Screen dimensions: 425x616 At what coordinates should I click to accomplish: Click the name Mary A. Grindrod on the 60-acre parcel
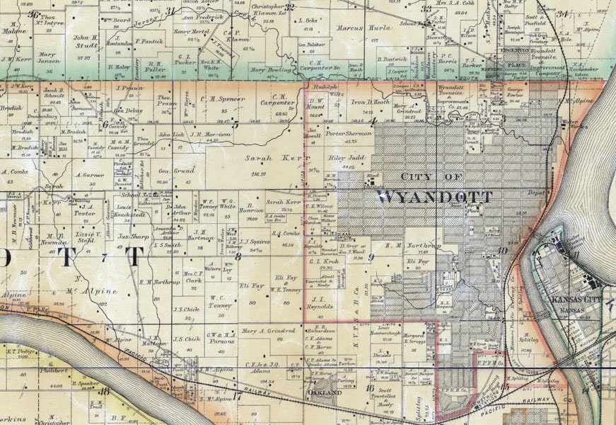[x=267, y=330]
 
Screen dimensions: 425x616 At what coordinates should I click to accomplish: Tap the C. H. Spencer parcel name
[x=213, y=99]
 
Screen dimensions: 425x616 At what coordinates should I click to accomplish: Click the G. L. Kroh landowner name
[x=325, y=260]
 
